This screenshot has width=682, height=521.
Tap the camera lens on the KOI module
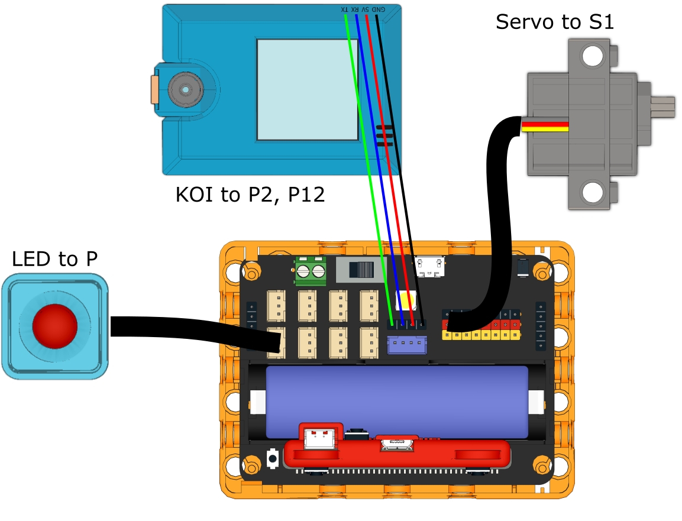tap(185, 90)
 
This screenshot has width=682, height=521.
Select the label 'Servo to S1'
tap(555, 22)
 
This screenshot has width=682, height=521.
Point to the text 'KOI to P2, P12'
tap(250, 195)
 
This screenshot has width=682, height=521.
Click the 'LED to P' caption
tap(54, 258)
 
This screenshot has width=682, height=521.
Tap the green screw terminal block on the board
tap(311, 271)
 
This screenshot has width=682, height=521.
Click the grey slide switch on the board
tap(358, 270)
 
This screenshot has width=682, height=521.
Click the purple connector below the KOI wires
tap(407, 345)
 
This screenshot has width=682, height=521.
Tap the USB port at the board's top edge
tap(430, 266)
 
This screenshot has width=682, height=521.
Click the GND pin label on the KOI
tap(379, 9)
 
